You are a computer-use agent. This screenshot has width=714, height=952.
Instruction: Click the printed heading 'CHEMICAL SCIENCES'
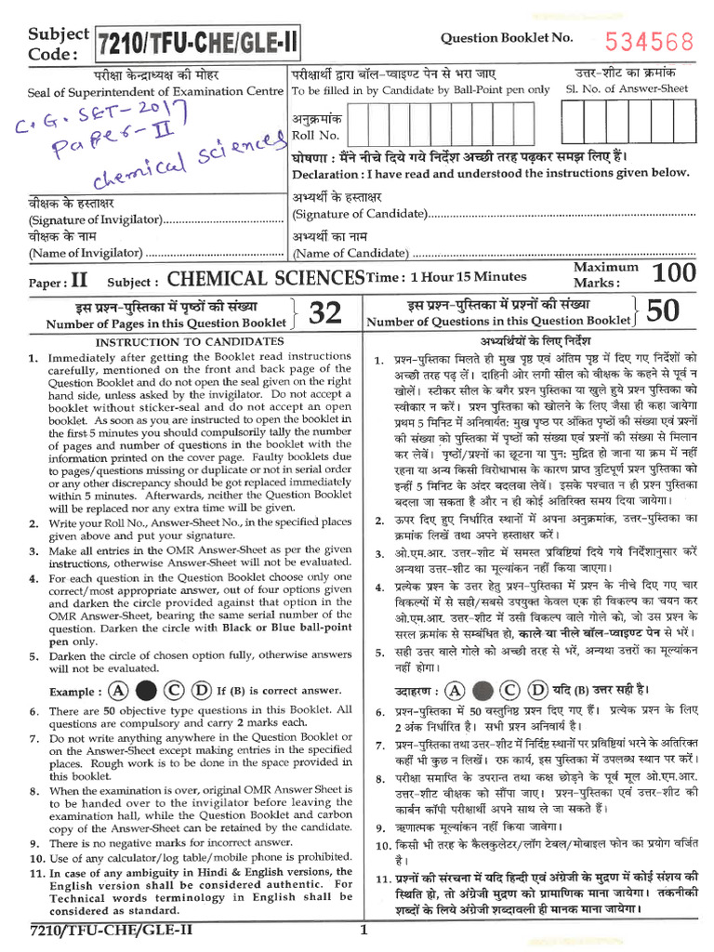click(x=266, y=278)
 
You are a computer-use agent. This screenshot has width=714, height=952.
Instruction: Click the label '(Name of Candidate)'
click(x=350, y=253)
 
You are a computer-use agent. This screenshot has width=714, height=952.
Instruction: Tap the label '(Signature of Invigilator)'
click(x=95, y=220)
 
